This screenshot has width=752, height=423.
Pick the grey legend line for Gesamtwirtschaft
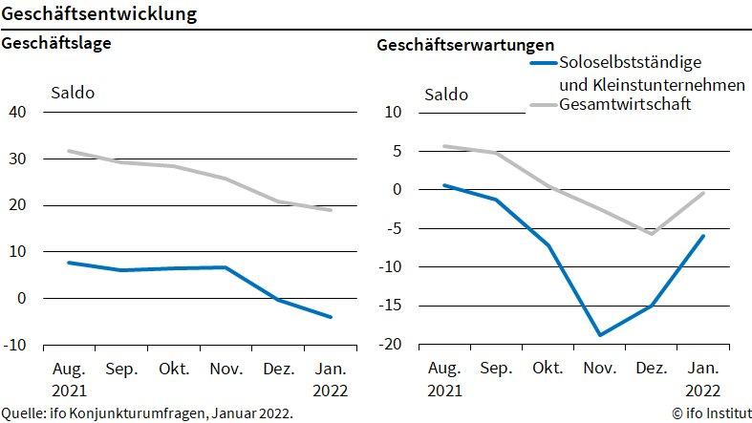pyautogui.click(x=544, y=104)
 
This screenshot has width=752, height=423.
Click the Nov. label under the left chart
pyautogui.click(x=226, y=369)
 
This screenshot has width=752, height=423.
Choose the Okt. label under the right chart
pyautogui.click(x=548, y=369)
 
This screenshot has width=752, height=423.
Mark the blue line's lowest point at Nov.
pyautogui.click(x=600, y=335)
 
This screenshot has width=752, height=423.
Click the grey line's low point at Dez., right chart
pyautogui.click(x=652, y=233)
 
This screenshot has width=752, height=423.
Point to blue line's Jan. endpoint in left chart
pyautogui.click(x=331, y=317)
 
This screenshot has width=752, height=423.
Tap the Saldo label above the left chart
pyautogui.click(x=72, y=93)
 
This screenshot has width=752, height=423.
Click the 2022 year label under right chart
pyautogui.click(x=704, y=390)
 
